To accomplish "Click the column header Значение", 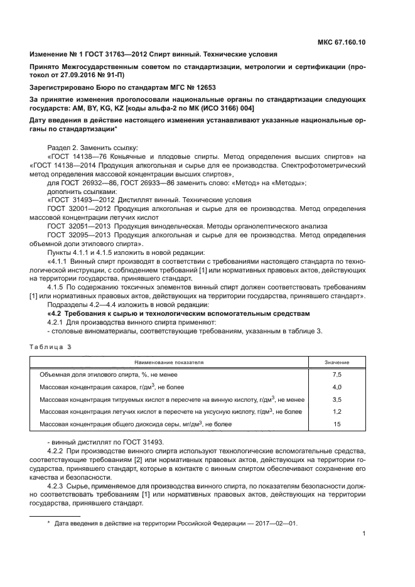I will (337, 362).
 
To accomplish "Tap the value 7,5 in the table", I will (337, 374).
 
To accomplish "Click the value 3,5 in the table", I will (337, 399).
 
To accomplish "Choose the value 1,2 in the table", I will (337, 412).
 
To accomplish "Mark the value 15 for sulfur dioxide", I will (337, 424).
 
